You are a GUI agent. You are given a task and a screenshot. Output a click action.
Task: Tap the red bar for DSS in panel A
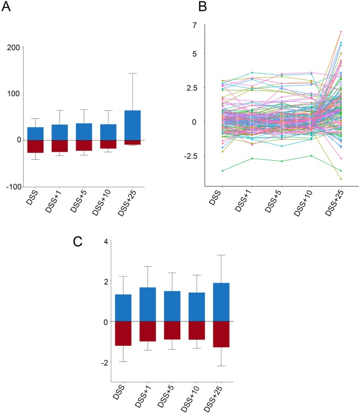click(35, 146)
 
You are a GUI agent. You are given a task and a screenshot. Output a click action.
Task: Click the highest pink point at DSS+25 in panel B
click(341, 32)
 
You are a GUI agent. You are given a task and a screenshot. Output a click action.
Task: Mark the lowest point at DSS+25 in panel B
click(341, 179)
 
